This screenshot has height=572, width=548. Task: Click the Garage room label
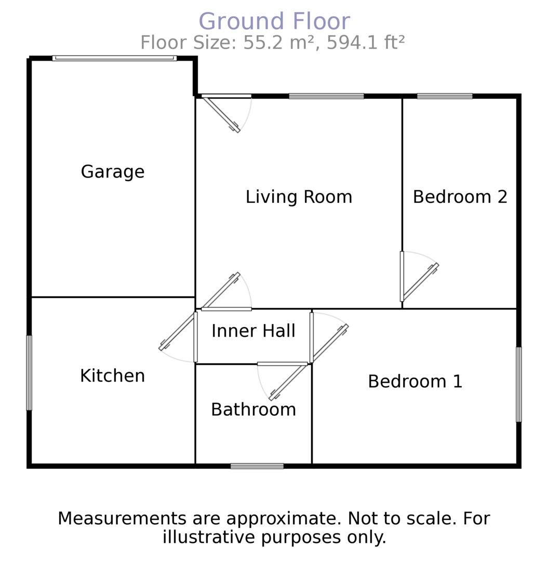point(112,172)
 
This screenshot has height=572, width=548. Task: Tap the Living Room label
point(299,197)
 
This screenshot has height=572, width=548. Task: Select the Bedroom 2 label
point(460,197)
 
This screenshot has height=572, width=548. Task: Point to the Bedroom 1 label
point(415,382)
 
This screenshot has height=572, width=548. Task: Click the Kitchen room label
point(112,376)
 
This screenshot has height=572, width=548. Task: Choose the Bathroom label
point(253,410)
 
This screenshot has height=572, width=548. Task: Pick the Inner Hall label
point(253,331)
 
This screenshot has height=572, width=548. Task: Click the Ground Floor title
point(274,22)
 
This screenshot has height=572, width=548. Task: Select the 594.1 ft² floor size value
point(366,43)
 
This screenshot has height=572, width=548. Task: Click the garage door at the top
point(114,58)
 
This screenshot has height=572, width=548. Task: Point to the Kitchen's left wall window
point(29,373)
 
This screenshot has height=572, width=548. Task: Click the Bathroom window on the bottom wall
point(257,466)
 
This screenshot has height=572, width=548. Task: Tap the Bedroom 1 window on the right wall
point(518,384)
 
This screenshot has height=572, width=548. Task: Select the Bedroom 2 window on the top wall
point(445,96)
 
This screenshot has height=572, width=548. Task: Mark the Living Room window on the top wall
point(326,96)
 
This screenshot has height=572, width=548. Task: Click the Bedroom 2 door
point(420,283)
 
